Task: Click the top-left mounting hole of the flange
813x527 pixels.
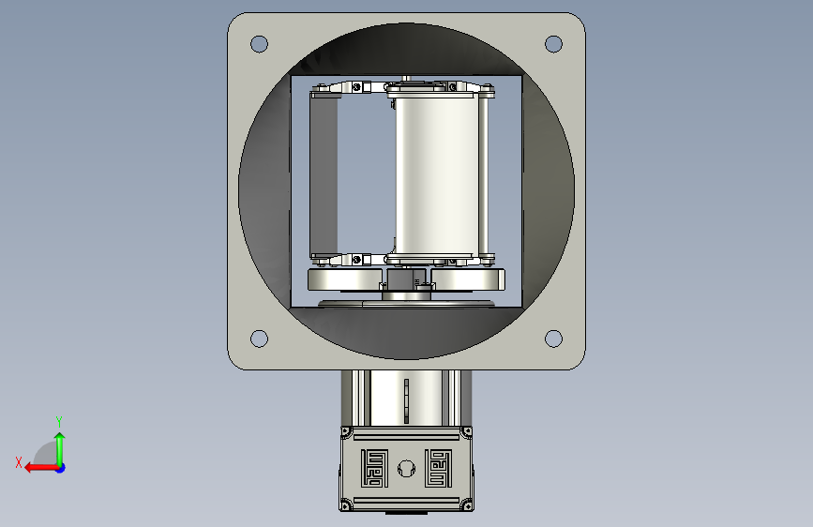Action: (259, 44)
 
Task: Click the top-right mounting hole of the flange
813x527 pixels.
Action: (554, 44)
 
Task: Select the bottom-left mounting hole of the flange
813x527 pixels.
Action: (259, 339)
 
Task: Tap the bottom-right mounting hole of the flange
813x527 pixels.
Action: (554, 339)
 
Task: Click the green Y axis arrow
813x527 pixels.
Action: (60, 449)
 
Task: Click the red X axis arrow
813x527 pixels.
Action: (42, 468)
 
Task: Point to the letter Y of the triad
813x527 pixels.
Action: (59, 422)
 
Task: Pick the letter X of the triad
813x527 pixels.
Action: (19, 462)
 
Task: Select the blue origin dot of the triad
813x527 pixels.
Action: (61, 468)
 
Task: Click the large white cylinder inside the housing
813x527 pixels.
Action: (437, 174)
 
